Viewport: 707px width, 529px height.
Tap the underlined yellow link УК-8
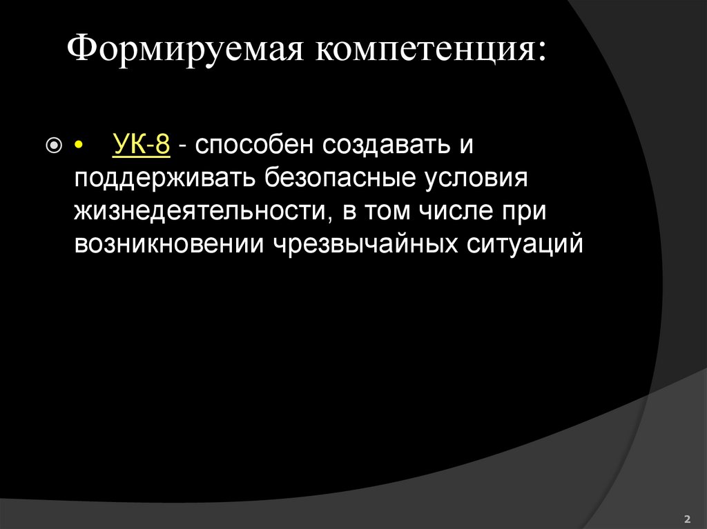(141, 146)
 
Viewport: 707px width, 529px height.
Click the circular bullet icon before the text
(53, 147)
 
